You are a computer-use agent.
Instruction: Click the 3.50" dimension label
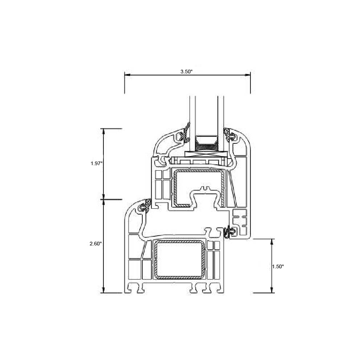click(186, 72)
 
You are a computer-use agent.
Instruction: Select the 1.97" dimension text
click(96, 163)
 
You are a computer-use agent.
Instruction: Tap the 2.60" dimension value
click(95, 244)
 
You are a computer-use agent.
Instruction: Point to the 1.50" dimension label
click(278, 266)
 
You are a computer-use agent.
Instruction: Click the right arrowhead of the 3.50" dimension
click(248, 75)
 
